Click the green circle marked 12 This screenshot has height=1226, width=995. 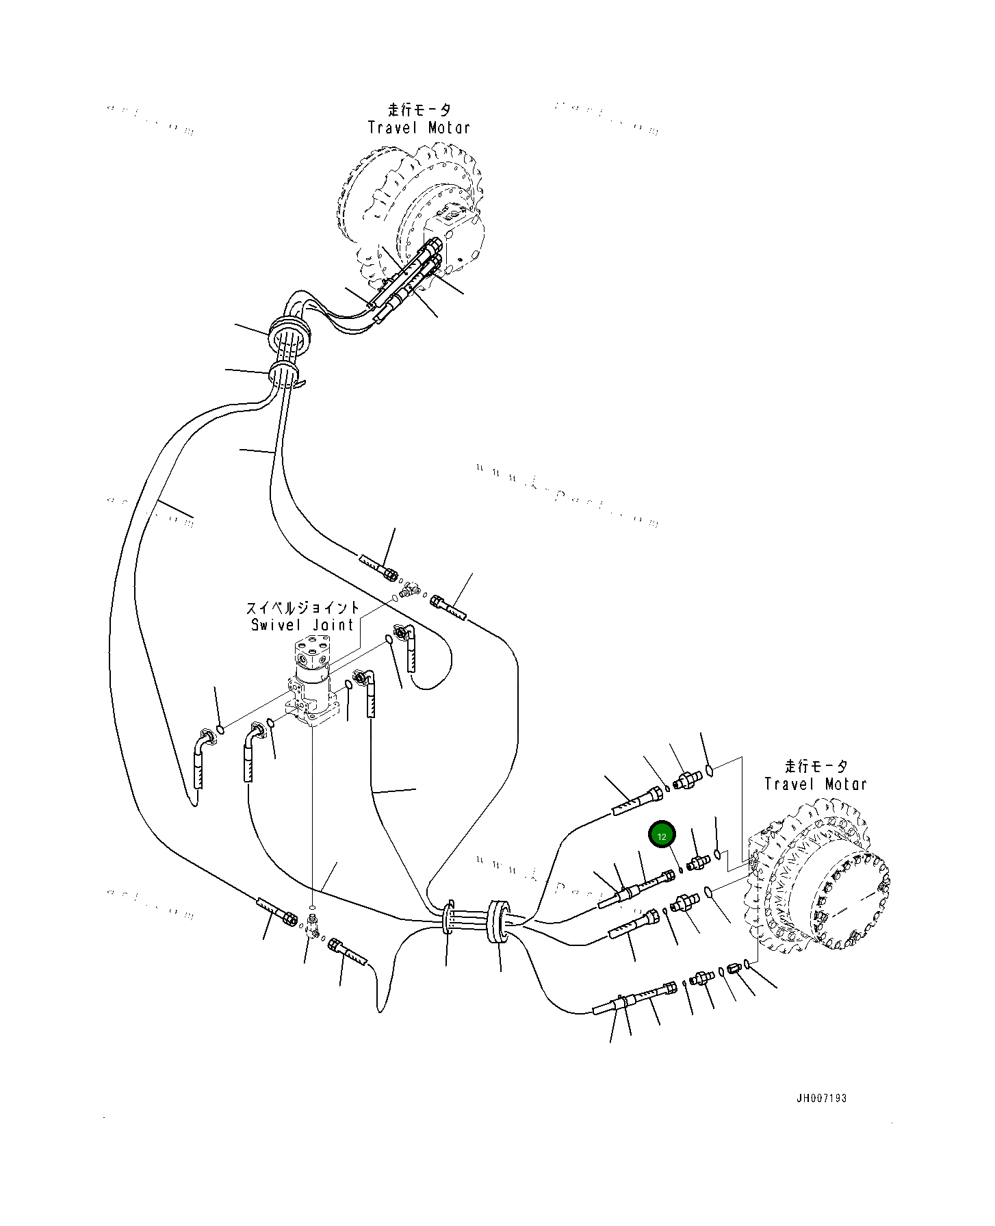[662, 836]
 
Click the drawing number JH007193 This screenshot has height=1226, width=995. [821, 1098]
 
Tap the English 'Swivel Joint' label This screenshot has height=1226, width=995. [302, 625]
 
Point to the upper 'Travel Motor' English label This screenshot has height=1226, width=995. [419, 127]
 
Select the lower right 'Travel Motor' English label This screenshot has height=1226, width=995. [815, 784]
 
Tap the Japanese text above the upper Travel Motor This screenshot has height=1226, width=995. [419, 110]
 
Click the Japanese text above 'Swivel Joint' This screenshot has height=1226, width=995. [302, 608]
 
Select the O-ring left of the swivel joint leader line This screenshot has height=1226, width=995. [220, 726]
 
